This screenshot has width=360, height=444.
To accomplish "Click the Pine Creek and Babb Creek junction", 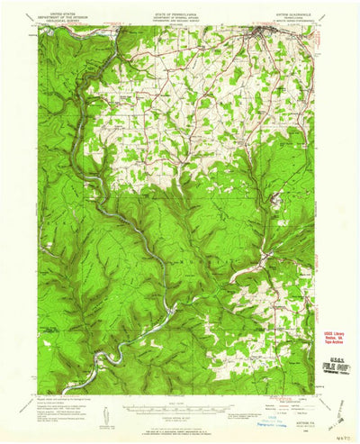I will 167,311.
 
